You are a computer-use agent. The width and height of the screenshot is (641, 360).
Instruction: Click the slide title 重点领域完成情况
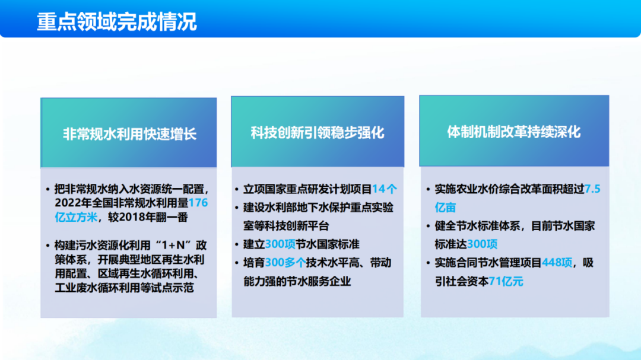click(117, 22)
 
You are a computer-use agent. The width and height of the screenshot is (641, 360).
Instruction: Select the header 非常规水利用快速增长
click(129, 134)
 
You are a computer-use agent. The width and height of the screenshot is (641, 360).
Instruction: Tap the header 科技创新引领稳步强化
click(318, 132)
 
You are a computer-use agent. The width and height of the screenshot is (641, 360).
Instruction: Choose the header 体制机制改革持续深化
click(514, 132)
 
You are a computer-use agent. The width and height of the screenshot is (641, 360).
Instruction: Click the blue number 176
click(198, 203)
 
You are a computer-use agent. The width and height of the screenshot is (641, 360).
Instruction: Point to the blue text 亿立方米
click(76, 217)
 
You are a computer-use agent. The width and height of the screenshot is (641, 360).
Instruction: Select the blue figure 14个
click(384, 189)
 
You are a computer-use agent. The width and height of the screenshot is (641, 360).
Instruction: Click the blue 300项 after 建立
click(280, 244)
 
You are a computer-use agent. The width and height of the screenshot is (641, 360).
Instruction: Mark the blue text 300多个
click(285, 262)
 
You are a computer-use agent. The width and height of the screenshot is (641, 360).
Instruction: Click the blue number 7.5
click(592, 189)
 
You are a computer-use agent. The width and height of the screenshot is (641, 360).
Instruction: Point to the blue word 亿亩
click(445, 208)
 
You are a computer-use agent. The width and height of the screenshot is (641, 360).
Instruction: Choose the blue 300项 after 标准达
click(483, 244)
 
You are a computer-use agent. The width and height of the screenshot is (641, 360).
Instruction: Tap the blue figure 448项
click(557, 262)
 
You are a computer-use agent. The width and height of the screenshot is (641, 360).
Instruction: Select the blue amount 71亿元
click(506, 281)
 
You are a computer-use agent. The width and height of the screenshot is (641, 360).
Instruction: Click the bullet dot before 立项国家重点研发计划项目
click(237, 189)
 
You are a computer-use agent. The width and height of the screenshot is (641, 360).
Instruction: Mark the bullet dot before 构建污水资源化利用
click(48, 246)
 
